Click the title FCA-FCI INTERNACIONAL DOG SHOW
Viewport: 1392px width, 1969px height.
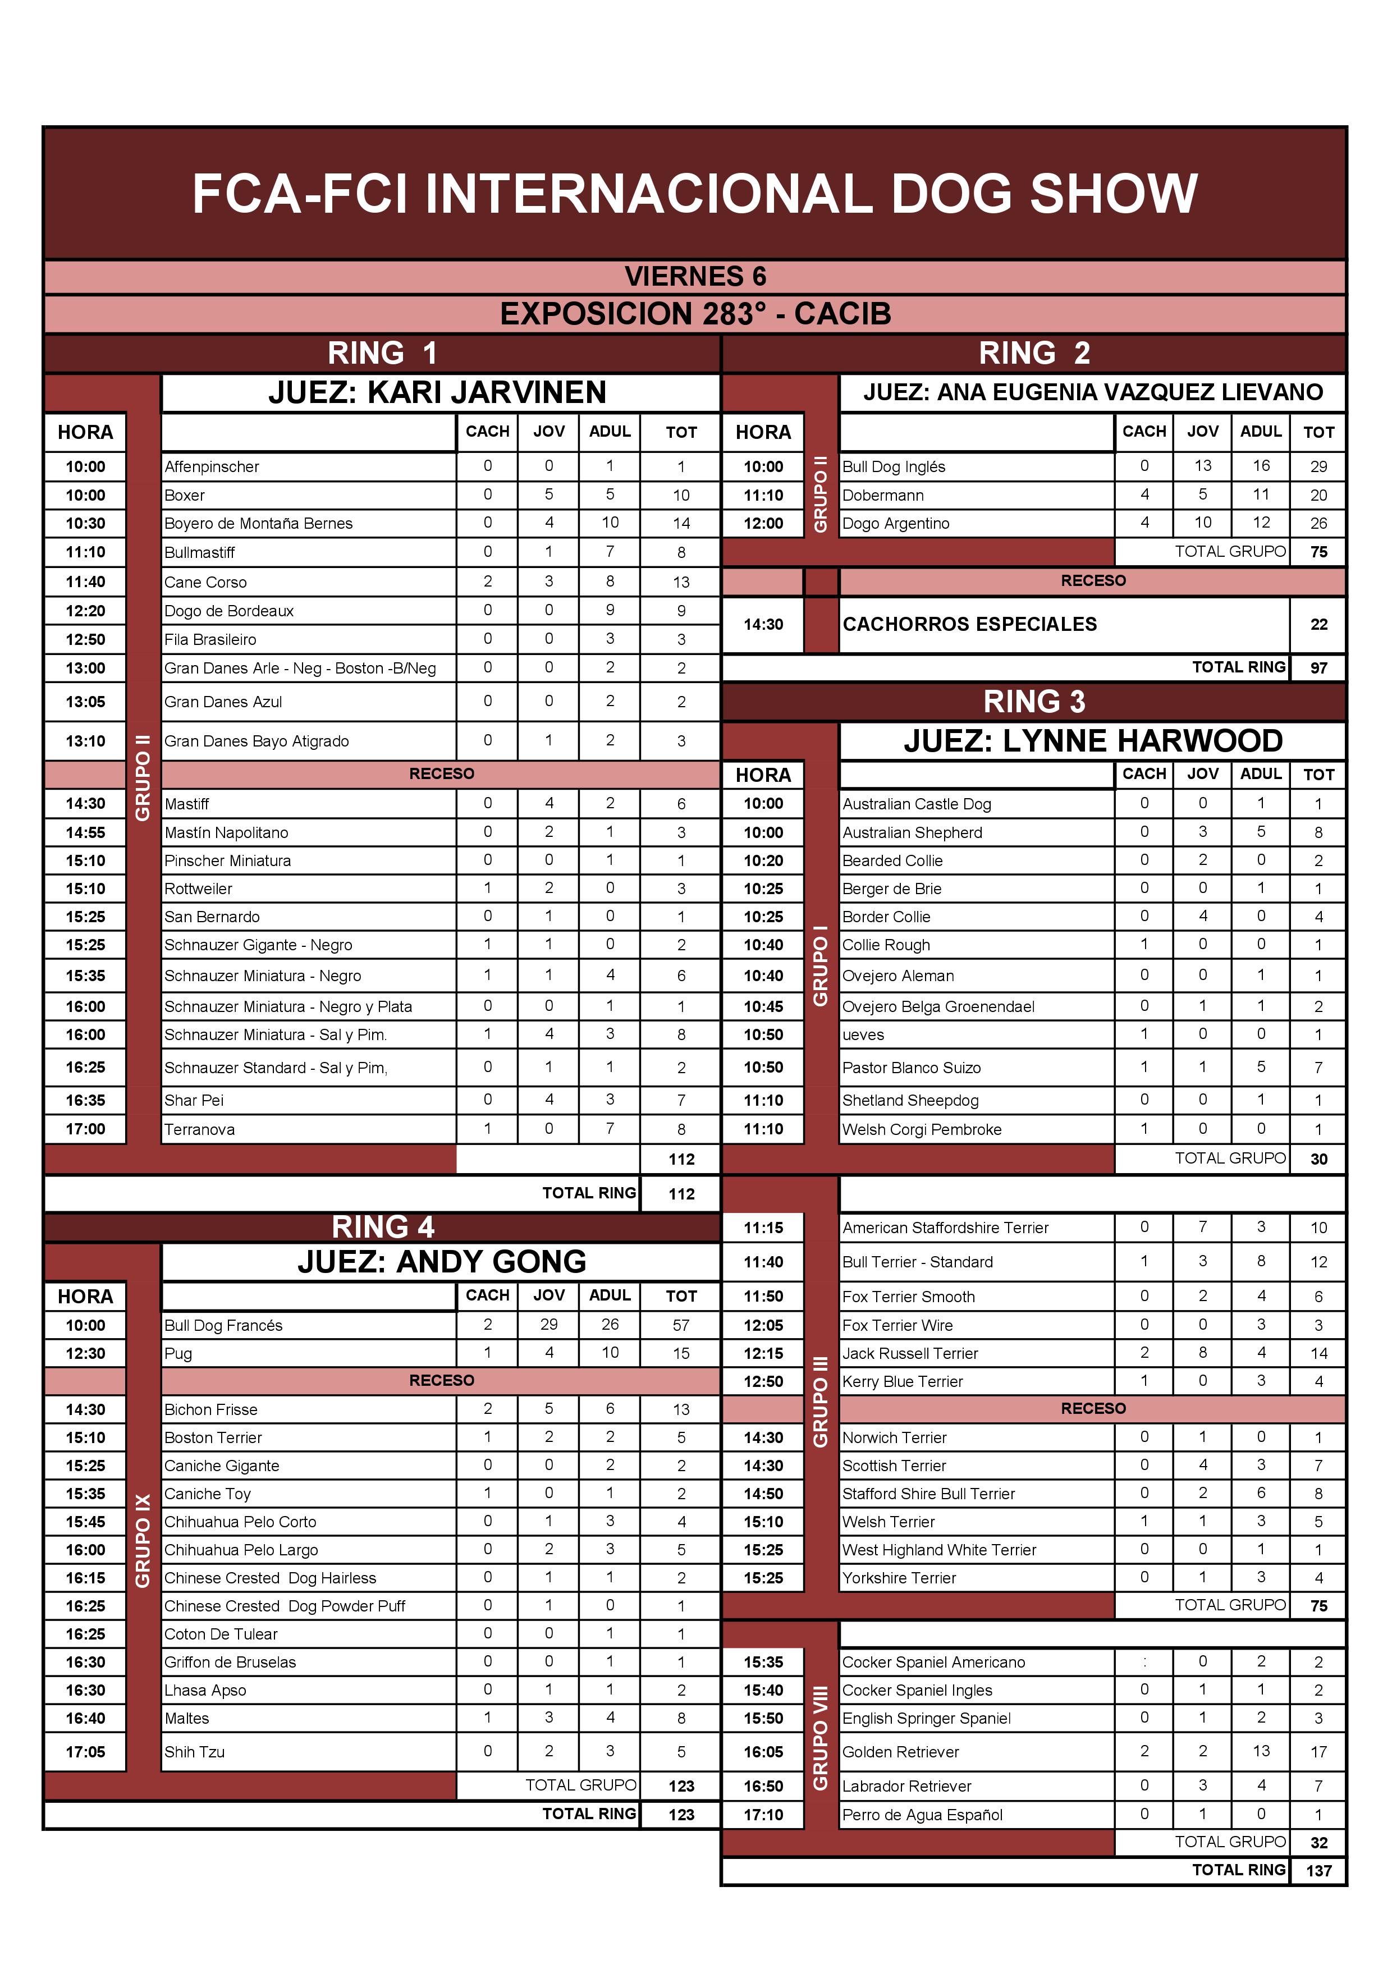[695, 194]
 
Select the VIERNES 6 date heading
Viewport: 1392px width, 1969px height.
[695, 276]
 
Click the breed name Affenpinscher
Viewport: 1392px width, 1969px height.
[212, 466]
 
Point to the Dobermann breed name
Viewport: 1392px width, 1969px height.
[882, 495]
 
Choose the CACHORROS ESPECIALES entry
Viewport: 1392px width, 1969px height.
[969, 624]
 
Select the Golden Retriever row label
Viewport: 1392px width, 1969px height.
[900, 1752]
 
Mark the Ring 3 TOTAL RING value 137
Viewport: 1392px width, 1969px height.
[1318, 1870]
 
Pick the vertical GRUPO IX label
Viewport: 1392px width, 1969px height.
[143, 1540]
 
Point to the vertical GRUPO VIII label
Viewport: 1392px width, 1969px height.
[821, 1737]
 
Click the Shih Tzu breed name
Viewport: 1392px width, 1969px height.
[195, 1752]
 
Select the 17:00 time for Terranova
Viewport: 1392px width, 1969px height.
[86, 1129]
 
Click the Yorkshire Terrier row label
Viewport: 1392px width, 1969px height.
[899, 1578]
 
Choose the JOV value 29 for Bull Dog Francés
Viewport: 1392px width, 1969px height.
[549, 1324]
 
